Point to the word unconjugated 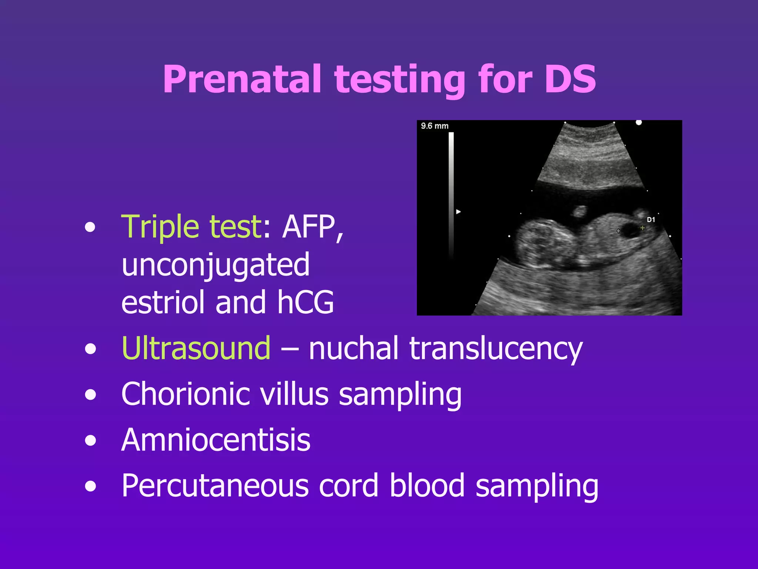[x=215, y=265]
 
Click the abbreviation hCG [x=306, y=302]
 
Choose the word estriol [x=163, y=302]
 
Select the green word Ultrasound [x=196, y=348]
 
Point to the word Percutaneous [x=215, y=486]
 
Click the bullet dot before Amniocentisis [x=90, y=441]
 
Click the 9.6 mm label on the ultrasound [x=435, y=126]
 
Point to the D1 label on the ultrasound [x=651, y=220]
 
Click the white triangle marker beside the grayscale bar [x=458, y=212]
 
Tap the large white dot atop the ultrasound [x=638, y=123]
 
